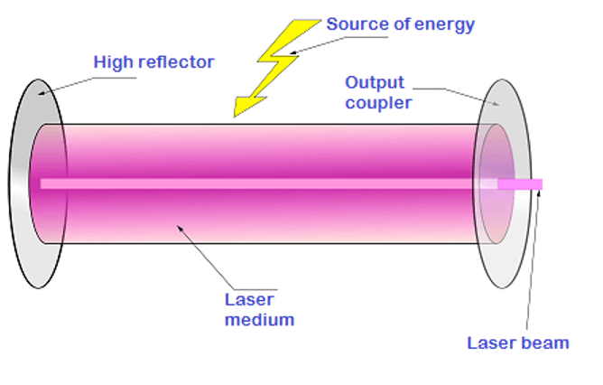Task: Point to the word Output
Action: click(x=375, y=83)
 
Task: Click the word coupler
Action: click(x=378, y=104)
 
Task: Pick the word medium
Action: click(x=260, y=320)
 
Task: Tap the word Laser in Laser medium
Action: click(x=249, y=299)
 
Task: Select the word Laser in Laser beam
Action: click(x=492, y=343)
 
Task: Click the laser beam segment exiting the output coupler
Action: click(x=520, y=184)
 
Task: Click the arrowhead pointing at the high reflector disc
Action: click(x=42, y=93)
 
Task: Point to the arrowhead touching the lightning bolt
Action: click(x=293, y=52)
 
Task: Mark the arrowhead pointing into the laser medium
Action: click(x=180, y=229)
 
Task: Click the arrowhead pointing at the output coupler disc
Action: click(x=496, y=103)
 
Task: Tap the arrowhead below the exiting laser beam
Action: click(x=539, y=193)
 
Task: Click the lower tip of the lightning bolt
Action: click(x=234, y=117)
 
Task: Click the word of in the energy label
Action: click(x=402, y=24)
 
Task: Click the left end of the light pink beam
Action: click(x=41, y=184)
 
